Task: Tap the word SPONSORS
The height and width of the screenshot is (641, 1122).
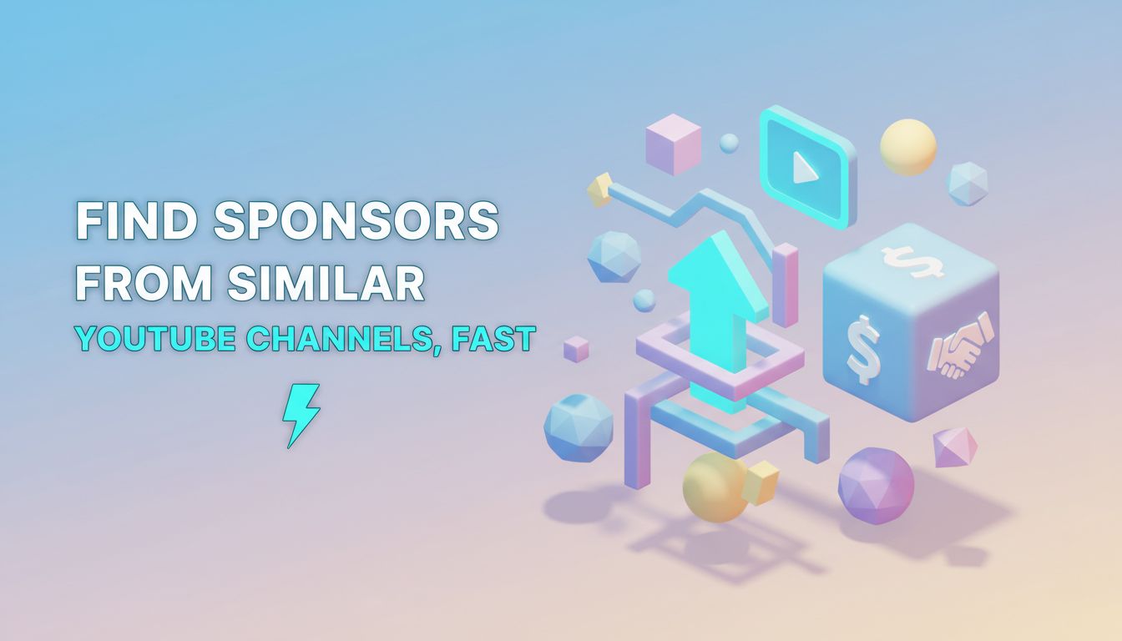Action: (356, 221)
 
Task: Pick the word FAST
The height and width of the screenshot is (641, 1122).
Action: (493, 339)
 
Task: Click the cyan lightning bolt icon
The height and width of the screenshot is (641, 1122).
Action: (301, 416)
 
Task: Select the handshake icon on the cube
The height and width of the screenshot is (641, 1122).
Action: (960, 345)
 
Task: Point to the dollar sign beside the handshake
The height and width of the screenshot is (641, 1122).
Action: (863, 349)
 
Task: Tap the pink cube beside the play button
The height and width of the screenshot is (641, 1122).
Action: (673, 144)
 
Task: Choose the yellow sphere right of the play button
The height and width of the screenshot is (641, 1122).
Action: (908, 147)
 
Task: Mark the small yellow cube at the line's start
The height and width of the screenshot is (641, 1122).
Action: (600, 189)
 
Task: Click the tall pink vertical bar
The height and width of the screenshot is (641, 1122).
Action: (786, 285)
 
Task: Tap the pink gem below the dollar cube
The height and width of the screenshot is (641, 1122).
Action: (955, 447)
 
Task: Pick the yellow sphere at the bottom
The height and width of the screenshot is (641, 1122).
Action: (715, 487)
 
